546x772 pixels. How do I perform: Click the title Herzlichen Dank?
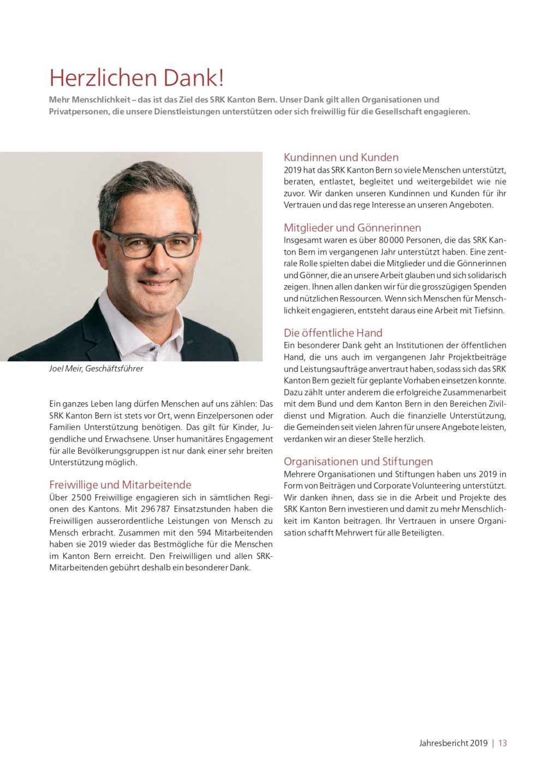[136, 78]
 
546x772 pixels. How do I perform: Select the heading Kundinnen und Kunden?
[341, 157]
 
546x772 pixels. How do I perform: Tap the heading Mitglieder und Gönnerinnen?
[352, 228]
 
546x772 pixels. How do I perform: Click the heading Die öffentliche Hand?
[333, 333]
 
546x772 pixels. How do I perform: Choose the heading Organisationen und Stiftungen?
[358, 462]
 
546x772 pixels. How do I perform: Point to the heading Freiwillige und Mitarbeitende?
[120, 485]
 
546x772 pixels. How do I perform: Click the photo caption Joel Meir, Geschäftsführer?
[96, 369]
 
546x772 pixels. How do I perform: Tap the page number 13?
[502, 743]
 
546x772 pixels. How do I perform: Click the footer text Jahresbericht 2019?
[453, 743]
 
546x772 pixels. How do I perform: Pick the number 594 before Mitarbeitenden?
[204, 533]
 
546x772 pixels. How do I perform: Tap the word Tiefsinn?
[488, 310]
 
